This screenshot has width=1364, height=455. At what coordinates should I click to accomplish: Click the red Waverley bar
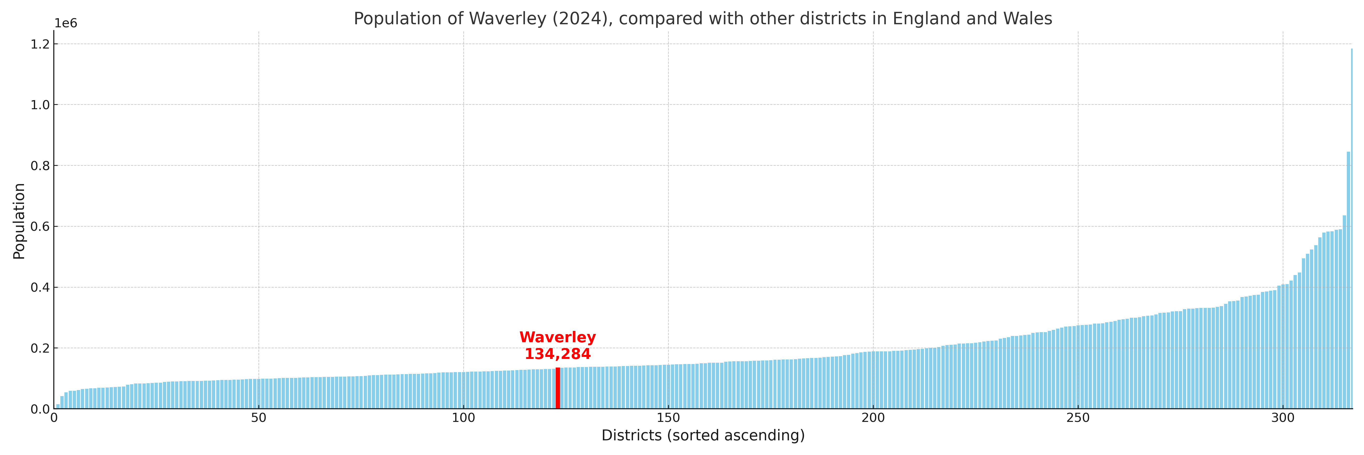[x=557, y=388]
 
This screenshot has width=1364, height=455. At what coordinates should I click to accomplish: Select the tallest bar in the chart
[x=1351, y=228]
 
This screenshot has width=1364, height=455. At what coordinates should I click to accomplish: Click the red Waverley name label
[x=557, y=337]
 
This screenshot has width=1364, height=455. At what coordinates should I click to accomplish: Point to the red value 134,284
[x=557, y=354]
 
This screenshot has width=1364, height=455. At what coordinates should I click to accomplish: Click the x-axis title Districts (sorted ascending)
[x=703, y=435]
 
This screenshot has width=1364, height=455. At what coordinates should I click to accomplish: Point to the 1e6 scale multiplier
[x=66, y=23]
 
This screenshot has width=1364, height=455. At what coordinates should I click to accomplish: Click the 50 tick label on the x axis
[x=258, y=418]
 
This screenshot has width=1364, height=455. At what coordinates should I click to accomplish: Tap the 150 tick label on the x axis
[x=668, y=418]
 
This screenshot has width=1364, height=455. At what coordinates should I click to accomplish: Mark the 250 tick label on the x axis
[x=1078, y=418]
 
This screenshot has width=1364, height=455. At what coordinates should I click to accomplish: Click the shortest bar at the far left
[x=58, y=406]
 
